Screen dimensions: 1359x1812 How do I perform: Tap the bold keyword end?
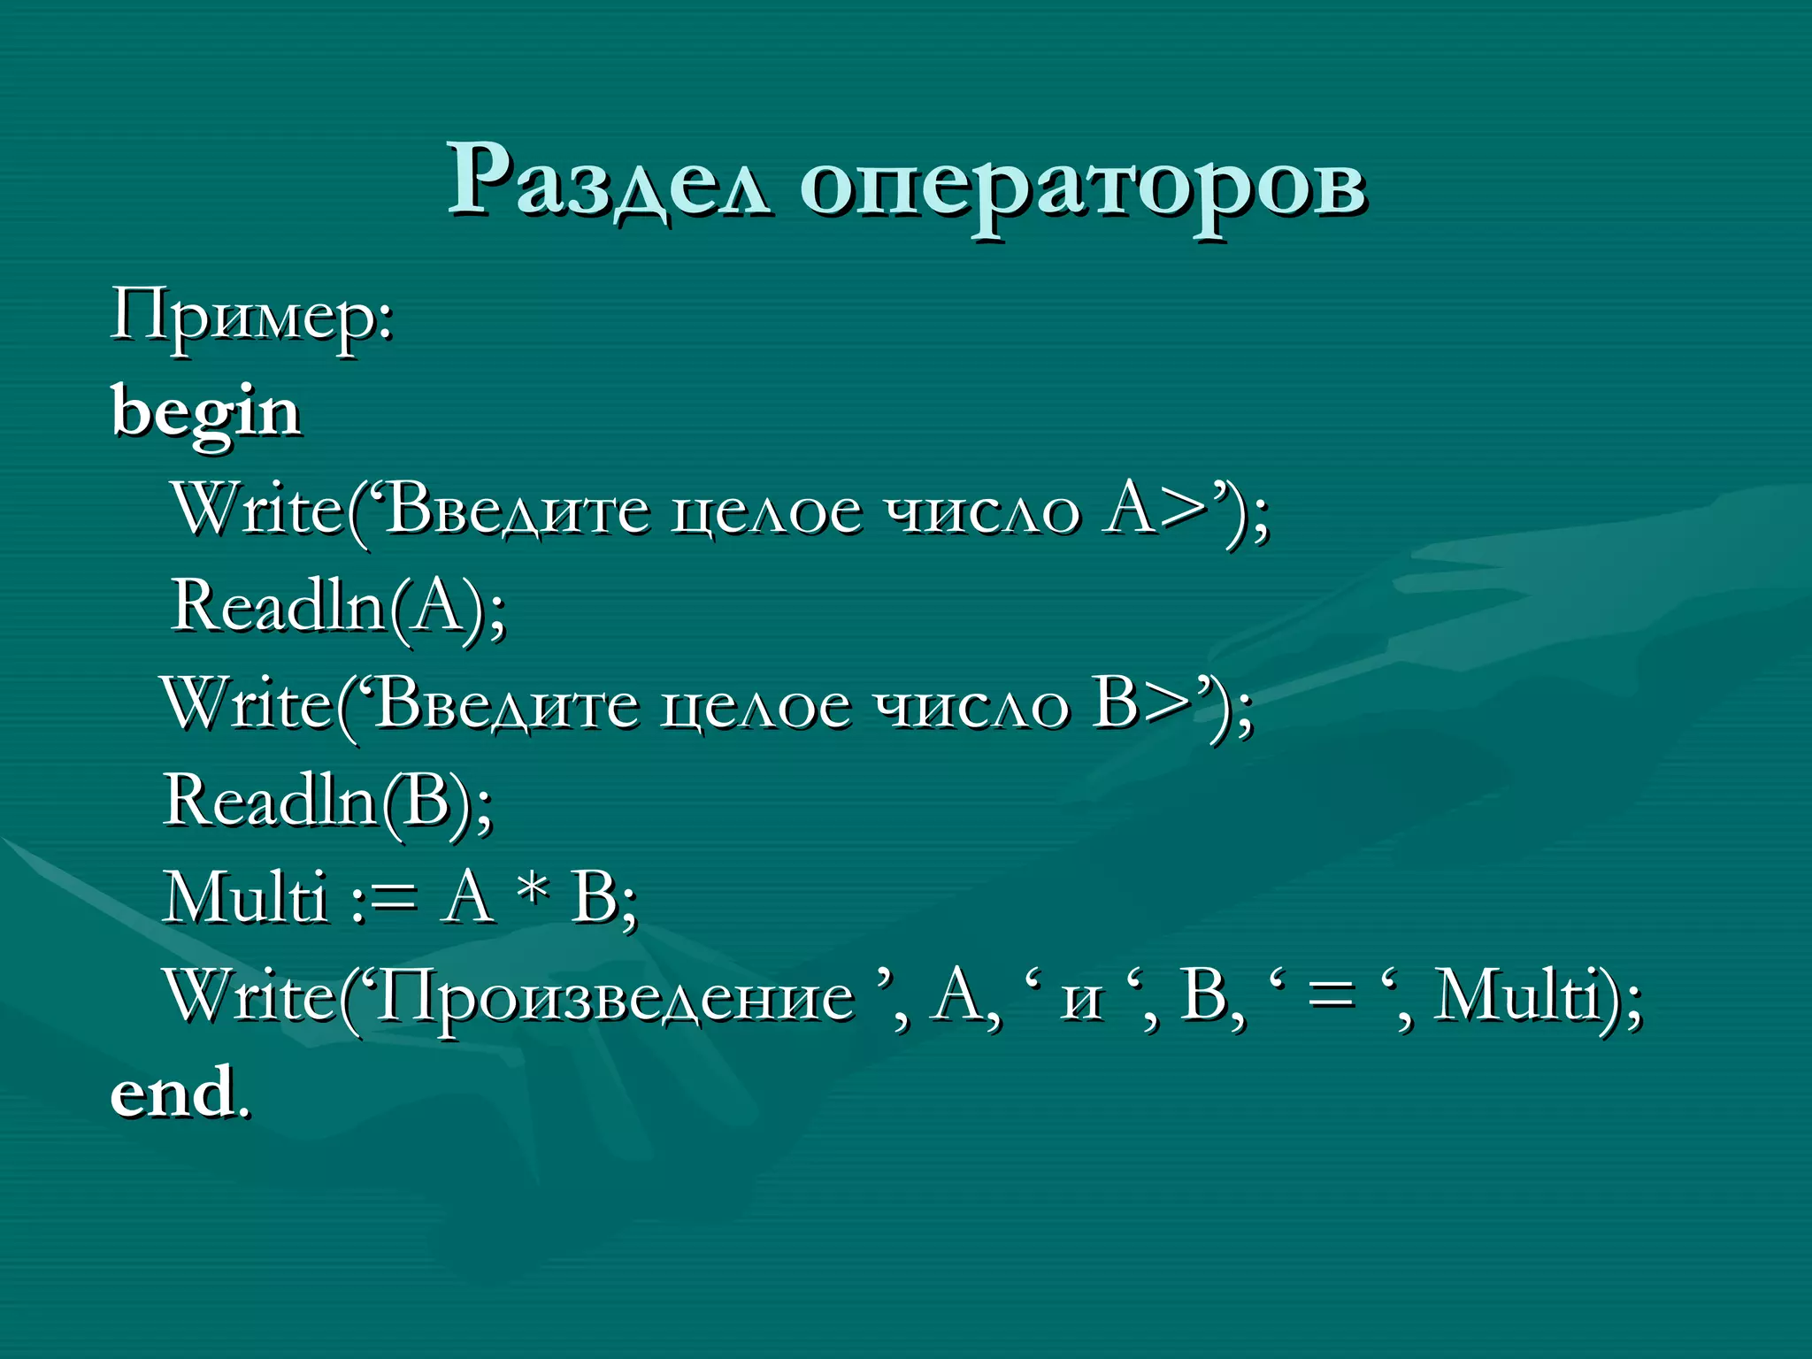click(x=173, y=1094)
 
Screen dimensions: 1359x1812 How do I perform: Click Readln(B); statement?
click(x=327, y=802)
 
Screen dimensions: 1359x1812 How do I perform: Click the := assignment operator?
click(x=383, y=899)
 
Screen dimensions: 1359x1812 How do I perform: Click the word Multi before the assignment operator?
click(x=245, y=899)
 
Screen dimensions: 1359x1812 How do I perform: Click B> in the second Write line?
click(x=1141, y=706)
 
